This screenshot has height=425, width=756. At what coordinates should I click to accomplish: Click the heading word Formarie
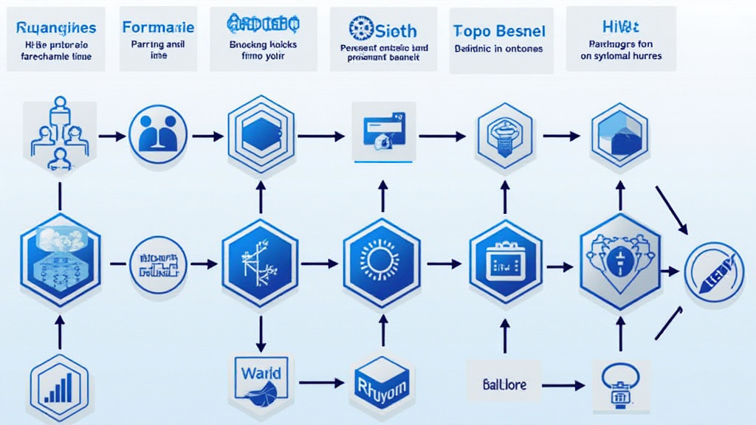point(158,27)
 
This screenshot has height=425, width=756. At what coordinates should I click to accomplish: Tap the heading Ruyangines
point(56,28)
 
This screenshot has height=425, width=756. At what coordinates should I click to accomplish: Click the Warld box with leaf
point(260,377)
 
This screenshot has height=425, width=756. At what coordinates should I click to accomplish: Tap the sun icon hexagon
point(382,262)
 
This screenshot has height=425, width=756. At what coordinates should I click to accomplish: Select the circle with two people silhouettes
point(158,134)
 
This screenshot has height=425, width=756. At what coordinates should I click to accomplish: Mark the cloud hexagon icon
point(59,258)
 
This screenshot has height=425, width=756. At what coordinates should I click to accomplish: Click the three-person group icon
point(59,131)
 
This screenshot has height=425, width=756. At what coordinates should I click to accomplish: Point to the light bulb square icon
point(620,385)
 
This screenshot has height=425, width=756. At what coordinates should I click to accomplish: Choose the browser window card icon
point(383,131)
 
